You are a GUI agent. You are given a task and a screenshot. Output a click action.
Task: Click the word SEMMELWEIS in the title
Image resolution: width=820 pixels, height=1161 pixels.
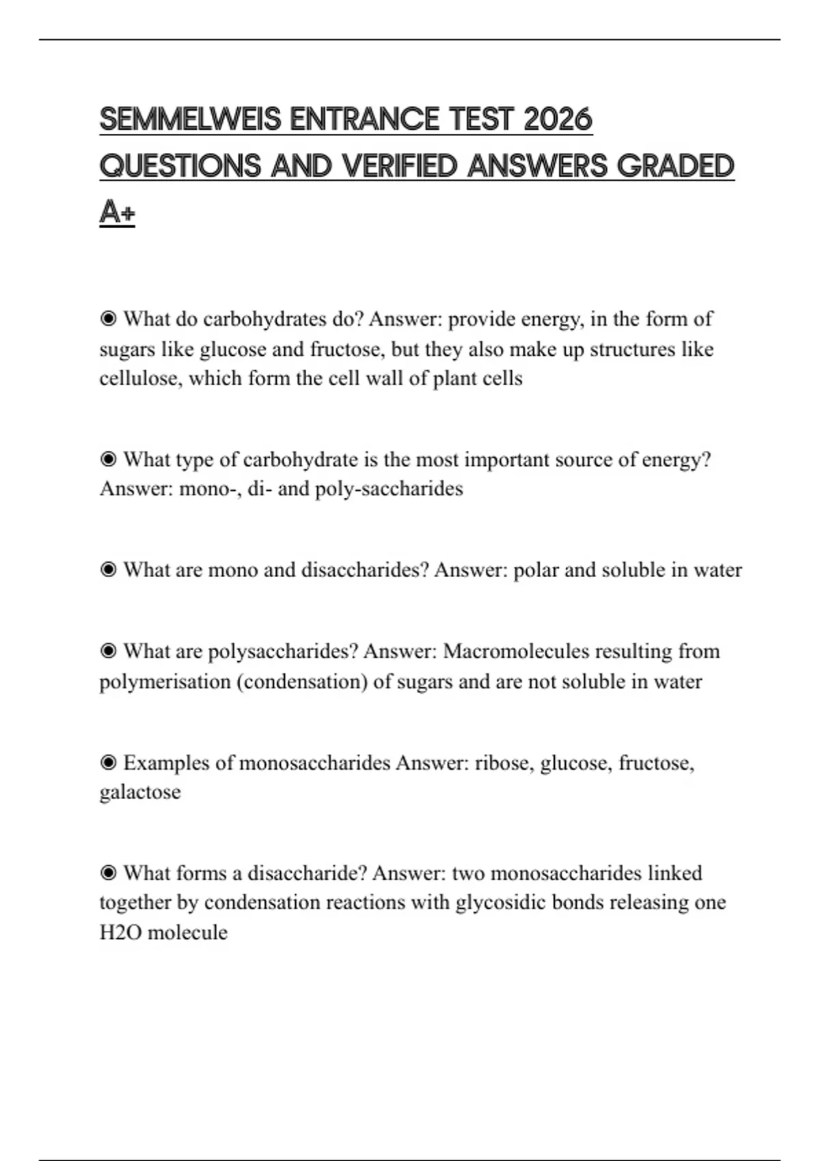190,120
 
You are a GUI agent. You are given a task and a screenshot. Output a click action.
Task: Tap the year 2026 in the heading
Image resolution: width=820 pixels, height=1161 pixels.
558,120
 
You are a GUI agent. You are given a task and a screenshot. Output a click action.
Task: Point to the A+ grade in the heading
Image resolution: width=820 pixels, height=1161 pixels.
117,212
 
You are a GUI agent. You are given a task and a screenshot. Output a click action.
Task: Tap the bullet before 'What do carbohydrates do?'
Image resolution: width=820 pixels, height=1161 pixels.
108,319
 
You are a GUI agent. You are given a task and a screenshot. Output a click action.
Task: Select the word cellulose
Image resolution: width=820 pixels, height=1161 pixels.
140,378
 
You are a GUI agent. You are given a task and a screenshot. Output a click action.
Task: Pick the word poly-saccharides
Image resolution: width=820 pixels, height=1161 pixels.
389,489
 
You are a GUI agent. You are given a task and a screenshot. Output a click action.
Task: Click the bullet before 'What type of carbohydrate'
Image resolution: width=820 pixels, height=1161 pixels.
108,460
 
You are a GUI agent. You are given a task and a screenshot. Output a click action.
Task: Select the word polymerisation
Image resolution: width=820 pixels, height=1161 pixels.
165,682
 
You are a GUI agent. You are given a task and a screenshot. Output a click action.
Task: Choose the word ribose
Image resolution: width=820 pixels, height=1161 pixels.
503,763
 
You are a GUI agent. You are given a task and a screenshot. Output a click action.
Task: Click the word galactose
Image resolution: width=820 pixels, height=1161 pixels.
140,792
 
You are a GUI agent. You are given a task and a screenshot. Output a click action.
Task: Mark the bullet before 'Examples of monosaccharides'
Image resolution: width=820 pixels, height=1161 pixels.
108,763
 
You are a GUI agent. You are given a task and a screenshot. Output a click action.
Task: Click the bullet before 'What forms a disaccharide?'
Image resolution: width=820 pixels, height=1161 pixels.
108,873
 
